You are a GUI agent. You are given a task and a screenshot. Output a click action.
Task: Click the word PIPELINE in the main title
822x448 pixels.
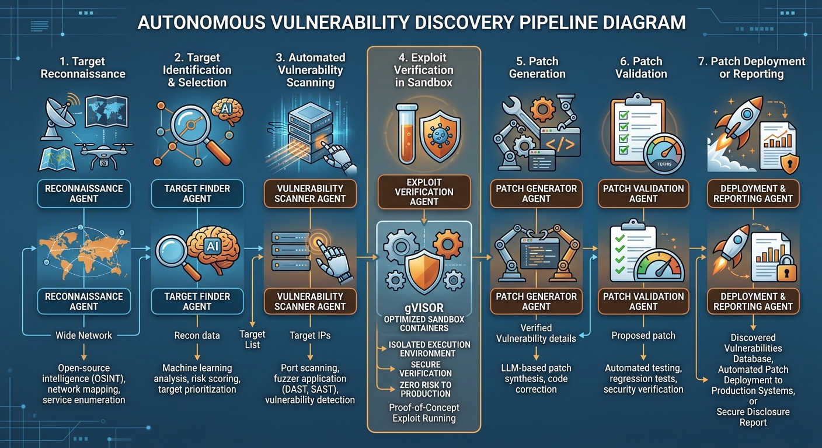tap(557, 23)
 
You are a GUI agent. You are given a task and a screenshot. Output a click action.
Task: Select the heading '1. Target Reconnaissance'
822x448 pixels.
tap(83, 68)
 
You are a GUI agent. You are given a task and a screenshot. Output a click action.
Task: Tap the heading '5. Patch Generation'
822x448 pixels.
tap(537, 68)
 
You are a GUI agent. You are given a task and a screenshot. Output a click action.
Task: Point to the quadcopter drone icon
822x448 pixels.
tap(103, 155)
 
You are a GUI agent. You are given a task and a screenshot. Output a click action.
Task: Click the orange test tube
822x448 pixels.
tap(407, 133)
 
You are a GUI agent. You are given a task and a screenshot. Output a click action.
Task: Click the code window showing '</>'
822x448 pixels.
tap(560, 142)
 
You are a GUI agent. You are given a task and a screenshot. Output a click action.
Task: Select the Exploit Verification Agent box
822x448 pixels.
tap(424, 192)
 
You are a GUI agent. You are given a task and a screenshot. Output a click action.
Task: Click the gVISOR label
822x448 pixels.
tap(424, 307)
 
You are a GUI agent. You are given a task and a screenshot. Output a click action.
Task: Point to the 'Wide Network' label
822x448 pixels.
tap(83, 335)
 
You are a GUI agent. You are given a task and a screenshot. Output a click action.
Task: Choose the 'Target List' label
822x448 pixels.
tap(252, 339)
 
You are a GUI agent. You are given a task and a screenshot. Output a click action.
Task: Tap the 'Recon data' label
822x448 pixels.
tap(197, 335)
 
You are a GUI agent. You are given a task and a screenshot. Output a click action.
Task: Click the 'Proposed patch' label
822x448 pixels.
tap(643, 335)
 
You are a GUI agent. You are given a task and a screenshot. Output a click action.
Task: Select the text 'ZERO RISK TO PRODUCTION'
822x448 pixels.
tap(426, 389)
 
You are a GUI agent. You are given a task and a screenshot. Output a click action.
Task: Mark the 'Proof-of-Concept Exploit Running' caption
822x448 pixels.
tap(424, 413)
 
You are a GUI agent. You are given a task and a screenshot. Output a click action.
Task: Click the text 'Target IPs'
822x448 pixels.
tap(310, 335)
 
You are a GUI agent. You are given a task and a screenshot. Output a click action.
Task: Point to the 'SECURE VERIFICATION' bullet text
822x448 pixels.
tap(426, 369)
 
